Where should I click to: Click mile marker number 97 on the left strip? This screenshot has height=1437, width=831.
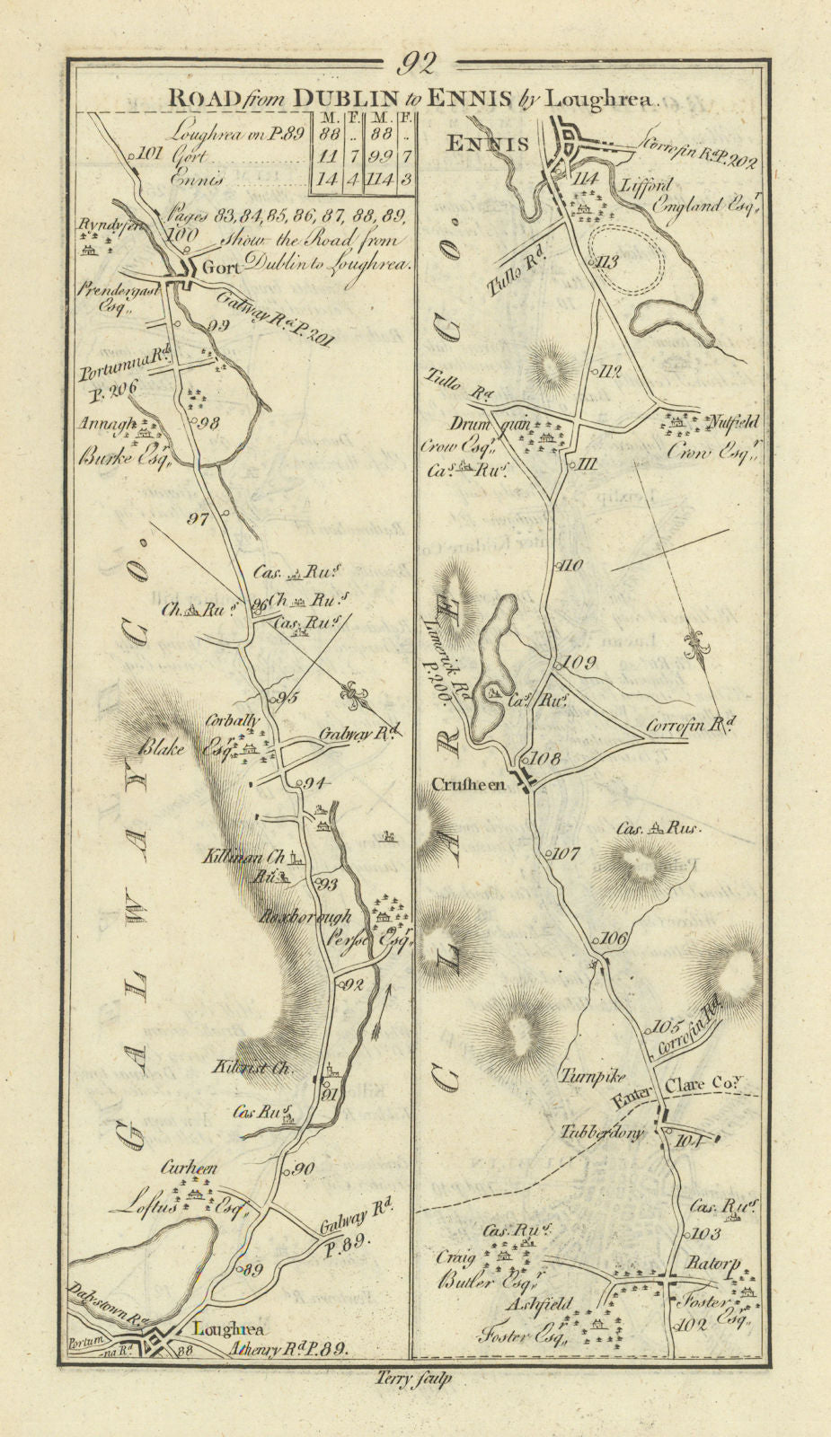click(198, 518)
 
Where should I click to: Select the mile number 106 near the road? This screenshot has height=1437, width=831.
click(613, 939)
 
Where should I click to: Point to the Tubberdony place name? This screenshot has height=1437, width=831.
click(606, 1133)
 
